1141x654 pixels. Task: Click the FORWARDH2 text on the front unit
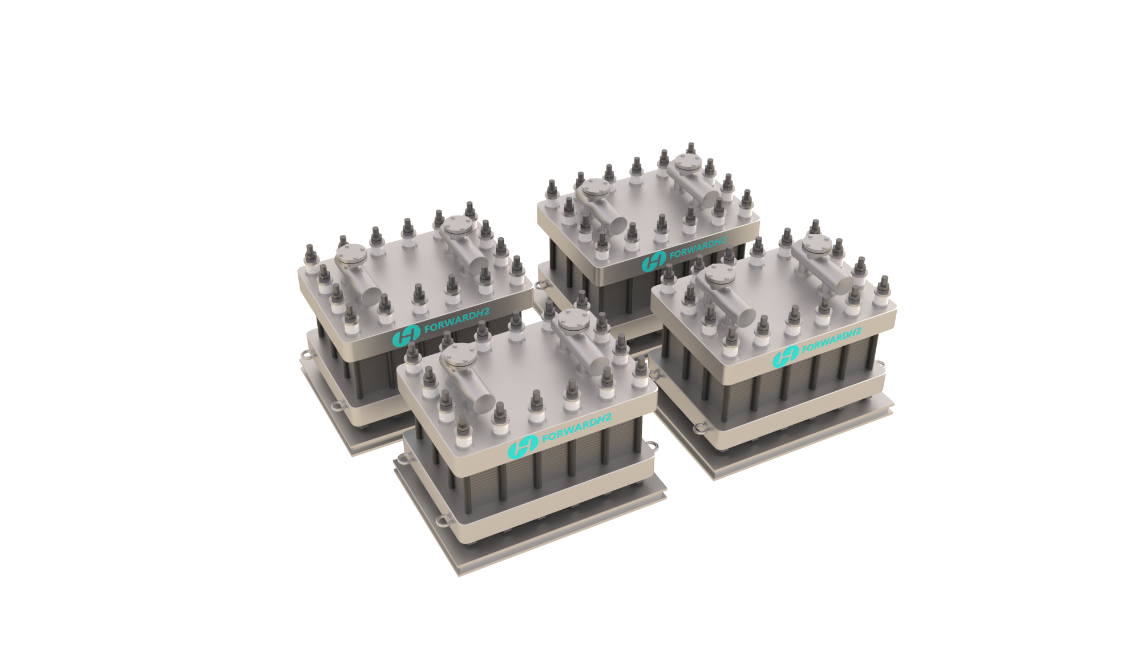[x=576, y=428]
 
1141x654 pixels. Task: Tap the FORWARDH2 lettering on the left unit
[x=456, y=320]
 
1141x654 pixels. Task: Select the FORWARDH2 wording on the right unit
[x=831, y=340]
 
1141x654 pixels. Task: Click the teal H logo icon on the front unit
[x=523, y=446]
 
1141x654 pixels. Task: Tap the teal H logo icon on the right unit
[x=786, y=357]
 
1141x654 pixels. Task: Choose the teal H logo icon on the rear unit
[x=654, y=261]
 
